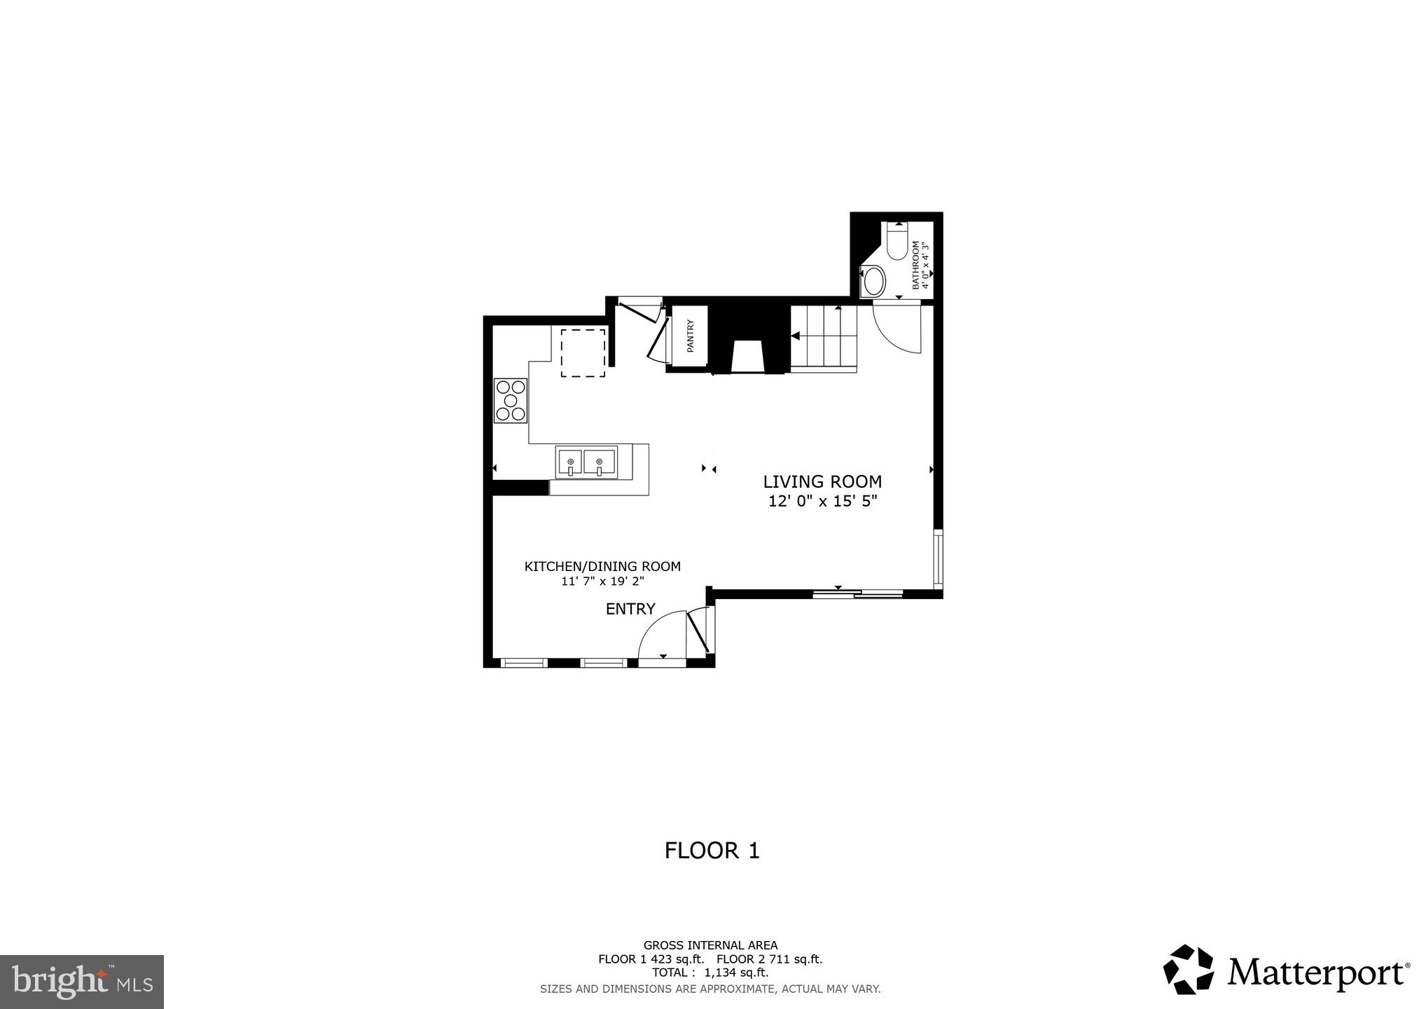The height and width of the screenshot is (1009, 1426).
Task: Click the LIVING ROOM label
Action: point(822,482)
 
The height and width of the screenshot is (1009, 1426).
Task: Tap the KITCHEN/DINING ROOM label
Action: point(602,566)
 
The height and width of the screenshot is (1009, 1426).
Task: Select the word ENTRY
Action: point(630,609)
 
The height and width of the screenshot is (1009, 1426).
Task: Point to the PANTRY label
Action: point(690,336)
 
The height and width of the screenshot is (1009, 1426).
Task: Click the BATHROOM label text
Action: point(915,265)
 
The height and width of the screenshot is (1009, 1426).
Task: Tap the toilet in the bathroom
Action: point(897,242)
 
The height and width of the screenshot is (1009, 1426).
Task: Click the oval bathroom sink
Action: point(873,282)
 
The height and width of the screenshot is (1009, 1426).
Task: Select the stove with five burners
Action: point(511,401)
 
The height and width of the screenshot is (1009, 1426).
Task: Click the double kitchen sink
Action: point(586,462)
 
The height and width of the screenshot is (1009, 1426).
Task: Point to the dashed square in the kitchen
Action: point(583,353)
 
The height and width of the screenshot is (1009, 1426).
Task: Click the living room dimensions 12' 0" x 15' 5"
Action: point(822,502)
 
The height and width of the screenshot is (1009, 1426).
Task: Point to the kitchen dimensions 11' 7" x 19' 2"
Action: point(602,581)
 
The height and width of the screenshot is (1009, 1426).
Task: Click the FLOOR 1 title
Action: point(712,851)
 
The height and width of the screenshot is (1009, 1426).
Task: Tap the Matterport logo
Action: point(1286,970)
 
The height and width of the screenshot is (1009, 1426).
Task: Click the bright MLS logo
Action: point(82,981)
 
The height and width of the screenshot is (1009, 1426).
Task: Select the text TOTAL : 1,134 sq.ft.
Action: point(710,973)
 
